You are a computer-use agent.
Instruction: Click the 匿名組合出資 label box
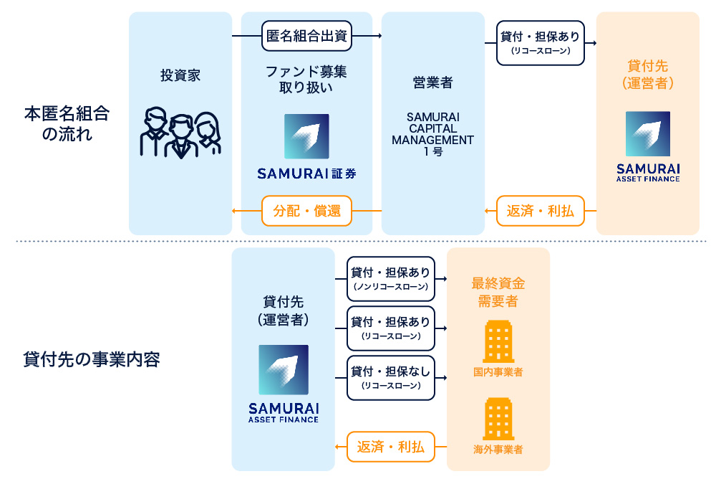pyautogui.click(x=306, y=36)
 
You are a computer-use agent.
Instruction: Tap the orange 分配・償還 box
pyautogui.click(x=306, y=211)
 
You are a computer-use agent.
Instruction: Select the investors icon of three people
pyautogui.click(x=180, y=133)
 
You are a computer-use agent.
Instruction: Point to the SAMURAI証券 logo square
pyautogui.click(x=306, y=136)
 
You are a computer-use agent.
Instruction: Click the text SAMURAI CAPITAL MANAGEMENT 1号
pyautogui.click(x=432, y=134)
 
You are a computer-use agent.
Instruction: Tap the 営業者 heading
pyautogui.click(x=432, y=82)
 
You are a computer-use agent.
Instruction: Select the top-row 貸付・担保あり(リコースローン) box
pyautogui.click(x=541, y=43)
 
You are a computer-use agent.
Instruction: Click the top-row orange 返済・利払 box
pyautogui.click(x=541, y=211)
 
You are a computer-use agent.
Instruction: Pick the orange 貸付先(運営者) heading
pyautogui.click(x=647, y=75)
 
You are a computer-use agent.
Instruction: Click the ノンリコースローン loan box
pyautogui.click(x=391, y=279)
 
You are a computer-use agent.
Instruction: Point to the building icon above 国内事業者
pyautogui.click(x=498, y=341)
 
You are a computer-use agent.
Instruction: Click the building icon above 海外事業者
pyautogui.click(x=498, y=419)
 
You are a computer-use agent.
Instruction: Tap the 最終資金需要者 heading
pyautogui.click(x=498, y=293)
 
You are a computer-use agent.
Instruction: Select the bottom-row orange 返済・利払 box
pyautogui.click(x=391, y=447)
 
